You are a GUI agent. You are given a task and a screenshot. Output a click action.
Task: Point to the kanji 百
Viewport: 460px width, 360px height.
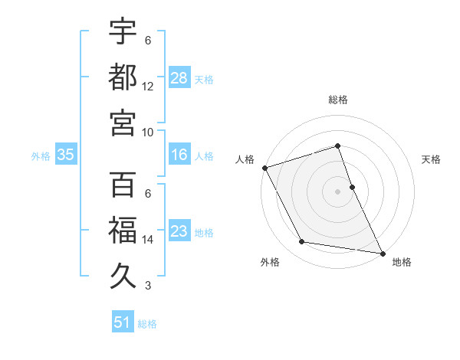123,186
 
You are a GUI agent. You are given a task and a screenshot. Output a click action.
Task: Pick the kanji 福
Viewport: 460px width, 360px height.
123,231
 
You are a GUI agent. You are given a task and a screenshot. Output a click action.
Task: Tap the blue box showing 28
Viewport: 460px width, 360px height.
179,77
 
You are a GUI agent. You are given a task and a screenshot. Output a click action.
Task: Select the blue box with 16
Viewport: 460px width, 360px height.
179,155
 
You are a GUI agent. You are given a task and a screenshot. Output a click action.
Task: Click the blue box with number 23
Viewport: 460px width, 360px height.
179,231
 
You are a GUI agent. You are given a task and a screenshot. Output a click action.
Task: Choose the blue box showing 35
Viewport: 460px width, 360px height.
66,155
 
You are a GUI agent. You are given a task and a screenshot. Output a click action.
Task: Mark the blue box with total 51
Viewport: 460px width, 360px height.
123,322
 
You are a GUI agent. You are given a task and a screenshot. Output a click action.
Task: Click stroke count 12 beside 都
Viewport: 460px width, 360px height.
148,86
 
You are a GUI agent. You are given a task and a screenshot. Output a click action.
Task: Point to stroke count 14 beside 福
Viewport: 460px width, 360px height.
148,240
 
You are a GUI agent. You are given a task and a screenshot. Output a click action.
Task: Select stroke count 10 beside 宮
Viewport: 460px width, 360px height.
148,131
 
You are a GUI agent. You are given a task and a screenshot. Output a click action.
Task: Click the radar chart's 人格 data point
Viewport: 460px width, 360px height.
265,168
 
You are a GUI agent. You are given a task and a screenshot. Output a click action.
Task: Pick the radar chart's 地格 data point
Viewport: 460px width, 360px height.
382,253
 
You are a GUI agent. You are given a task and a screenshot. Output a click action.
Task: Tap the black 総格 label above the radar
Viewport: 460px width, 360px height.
338,100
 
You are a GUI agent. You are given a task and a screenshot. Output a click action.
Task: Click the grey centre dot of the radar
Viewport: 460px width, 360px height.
338,191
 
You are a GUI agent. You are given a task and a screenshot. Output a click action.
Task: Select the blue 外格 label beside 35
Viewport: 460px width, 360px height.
41,155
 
